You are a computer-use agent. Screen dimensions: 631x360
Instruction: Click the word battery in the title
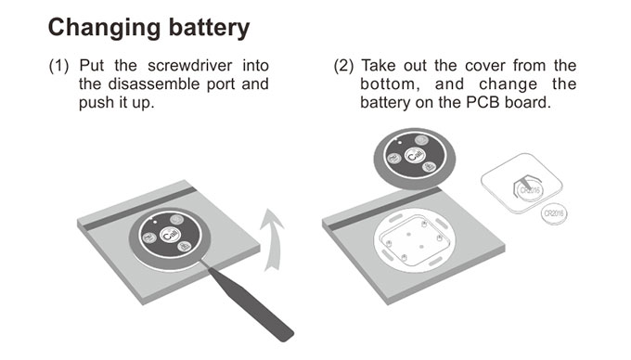click(209, 28)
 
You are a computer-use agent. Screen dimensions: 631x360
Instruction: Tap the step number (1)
click(58, 66)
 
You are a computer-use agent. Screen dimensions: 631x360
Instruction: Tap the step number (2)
click(343, 66)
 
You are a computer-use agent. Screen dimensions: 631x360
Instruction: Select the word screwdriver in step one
click(190, 66)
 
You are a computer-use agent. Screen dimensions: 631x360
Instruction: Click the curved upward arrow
click(272, 240)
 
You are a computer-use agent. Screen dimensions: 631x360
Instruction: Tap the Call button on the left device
click(169, 235)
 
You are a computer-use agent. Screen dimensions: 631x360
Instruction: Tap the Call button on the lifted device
click(414, 155)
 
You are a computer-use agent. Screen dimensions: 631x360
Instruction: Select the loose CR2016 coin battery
click(554, 213)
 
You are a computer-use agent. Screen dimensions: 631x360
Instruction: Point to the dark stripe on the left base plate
click(139, 209)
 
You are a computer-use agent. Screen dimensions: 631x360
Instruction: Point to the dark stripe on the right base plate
click(384, 209)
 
